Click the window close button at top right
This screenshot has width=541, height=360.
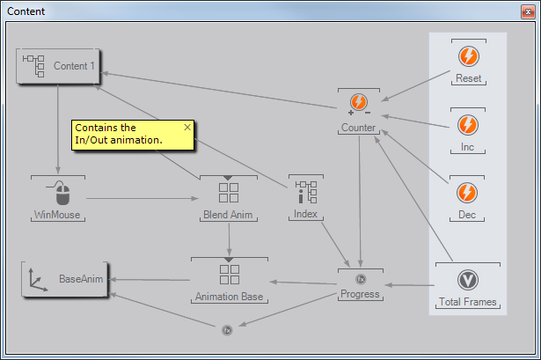(x=527, y=11)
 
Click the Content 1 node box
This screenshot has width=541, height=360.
(x=59, y=66)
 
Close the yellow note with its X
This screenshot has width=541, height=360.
(x=186, y=127)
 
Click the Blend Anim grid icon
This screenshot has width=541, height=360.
(x=229, y=191)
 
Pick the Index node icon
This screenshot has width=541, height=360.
(x=306, y=191)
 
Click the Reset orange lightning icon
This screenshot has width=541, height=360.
(x=469, y=56)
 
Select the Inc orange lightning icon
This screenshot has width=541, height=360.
(x=469, y=124)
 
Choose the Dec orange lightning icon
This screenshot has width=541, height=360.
(x=469, y=192)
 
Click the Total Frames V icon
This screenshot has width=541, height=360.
(x=468, y=280)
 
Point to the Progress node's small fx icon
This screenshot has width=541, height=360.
(x=361, y=279)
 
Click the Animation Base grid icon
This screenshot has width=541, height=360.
(x=229, y=275)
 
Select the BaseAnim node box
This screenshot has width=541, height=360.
(x=64, y=279)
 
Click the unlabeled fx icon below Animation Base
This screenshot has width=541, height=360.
(x=226, y=330)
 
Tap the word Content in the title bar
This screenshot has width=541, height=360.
(x=26, y=11)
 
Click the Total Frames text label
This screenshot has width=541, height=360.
(x=468, y=303)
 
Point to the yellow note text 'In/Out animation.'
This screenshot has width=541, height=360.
(x=119, y=140)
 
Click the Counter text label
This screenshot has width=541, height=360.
(x=358, y=129)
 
